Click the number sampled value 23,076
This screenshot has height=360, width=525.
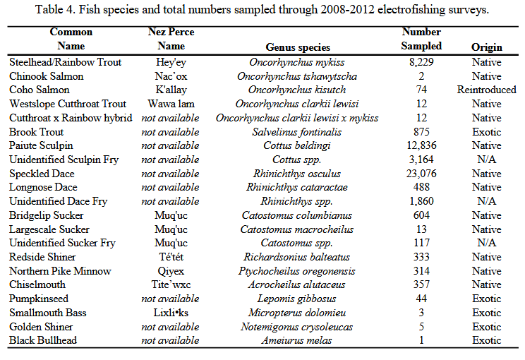[x=421, y=174]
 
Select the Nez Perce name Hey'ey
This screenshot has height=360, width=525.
[x=170, y=62]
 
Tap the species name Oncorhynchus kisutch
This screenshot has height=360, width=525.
[x=297, y=90]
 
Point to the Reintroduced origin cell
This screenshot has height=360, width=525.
[x=486, y=90]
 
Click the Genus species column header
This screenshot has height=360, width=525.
[x=297, y=47]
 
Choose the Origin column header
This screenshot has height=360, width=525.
[x=486, y=47]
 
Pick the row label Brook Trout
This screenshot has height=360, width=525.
[x=37, y=132]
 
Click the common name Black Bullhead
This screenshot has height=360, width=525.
[x=42, y=341]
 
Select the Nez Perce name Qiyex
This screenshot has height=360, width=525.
[x=170, y=271]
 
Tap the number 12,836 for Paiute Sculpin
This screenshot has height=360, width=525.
[x=421, y=146]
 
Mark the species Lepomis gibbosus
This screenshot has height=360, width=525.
[x=297, y=299]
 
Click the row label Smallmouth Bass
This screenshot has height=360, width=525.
[x=47, y=313]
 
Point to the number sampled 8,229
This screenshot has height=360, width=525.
[x=421, y=62]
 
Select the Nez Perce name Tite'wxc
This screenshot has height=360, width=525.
[x=170, y=285]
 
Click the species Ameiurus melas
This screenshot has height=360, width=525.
[x=297, y=341]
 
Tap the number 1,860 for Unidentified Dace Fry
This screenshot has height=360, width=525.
[x=421, y=202]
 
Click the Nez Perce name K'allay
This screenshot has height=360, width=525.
[x=170, y=90]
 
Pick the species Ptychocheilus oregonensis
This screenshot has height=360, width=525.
[x=297, y=271]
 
